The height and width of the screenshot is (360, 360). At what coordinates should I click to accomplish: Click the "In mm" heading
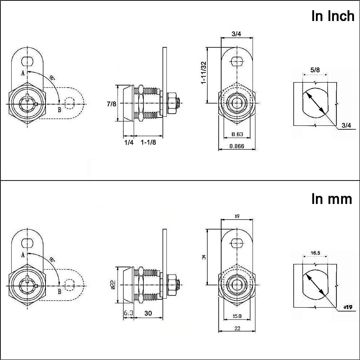point(331,199)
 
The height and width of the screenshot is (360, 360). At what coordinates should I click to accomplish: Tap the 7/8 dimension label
point(112,104)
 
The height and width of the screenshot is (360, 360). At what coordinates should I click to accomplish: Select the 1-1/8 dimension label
point(148,142)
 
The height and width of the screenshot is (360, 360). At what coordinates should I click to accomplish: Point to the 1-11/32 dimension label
point(204,73)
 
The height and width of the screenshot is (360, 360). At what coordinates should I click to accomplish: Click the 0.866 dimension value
point(237,146)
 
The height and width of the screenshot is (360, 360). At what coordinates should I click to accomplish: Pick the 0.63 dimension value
point(237,134)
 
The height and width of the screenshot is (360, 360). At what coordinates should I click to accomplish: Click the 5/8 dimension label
point(315,70)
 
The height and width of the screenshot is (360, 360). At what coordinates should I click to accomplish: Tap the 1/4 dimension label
point(129,142)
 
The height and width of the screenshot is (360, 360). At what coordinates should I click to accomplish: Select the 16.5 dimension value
point(315,253)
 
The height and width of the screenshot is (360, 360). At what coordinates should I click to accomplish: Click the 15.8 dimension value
point(237,316)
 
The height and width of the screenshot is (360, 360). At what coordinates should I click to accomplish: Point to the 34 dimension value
point(204,257)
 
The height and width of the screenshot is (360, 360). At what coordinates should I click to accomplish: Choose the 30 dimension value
point(148,313)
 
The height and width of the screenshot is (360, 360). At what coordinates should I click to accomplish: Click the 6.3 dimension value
point(128,313)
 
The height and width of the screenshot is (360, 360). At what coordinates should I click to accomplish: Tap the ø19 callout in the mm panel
point(347,307)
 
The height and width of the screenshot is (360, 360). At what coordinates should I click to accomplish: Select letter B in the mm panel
point(59,291)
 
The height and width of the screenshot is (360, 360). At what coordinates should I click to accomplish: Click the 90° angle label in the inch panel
point(52,77)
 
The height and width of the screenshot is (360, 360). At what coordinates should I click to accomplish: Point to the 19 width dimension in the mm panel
point(237,216)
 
